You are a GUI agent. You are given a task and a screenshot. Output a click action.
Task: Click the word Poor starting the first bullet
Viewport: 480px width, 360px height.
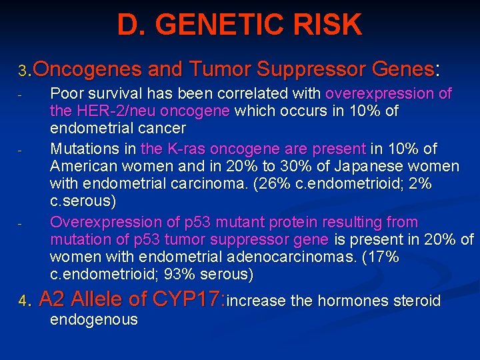(66, 93)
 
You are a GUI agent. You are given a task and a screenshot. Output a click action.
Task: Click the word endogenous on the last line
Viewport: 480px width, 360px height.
(94, 319)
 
